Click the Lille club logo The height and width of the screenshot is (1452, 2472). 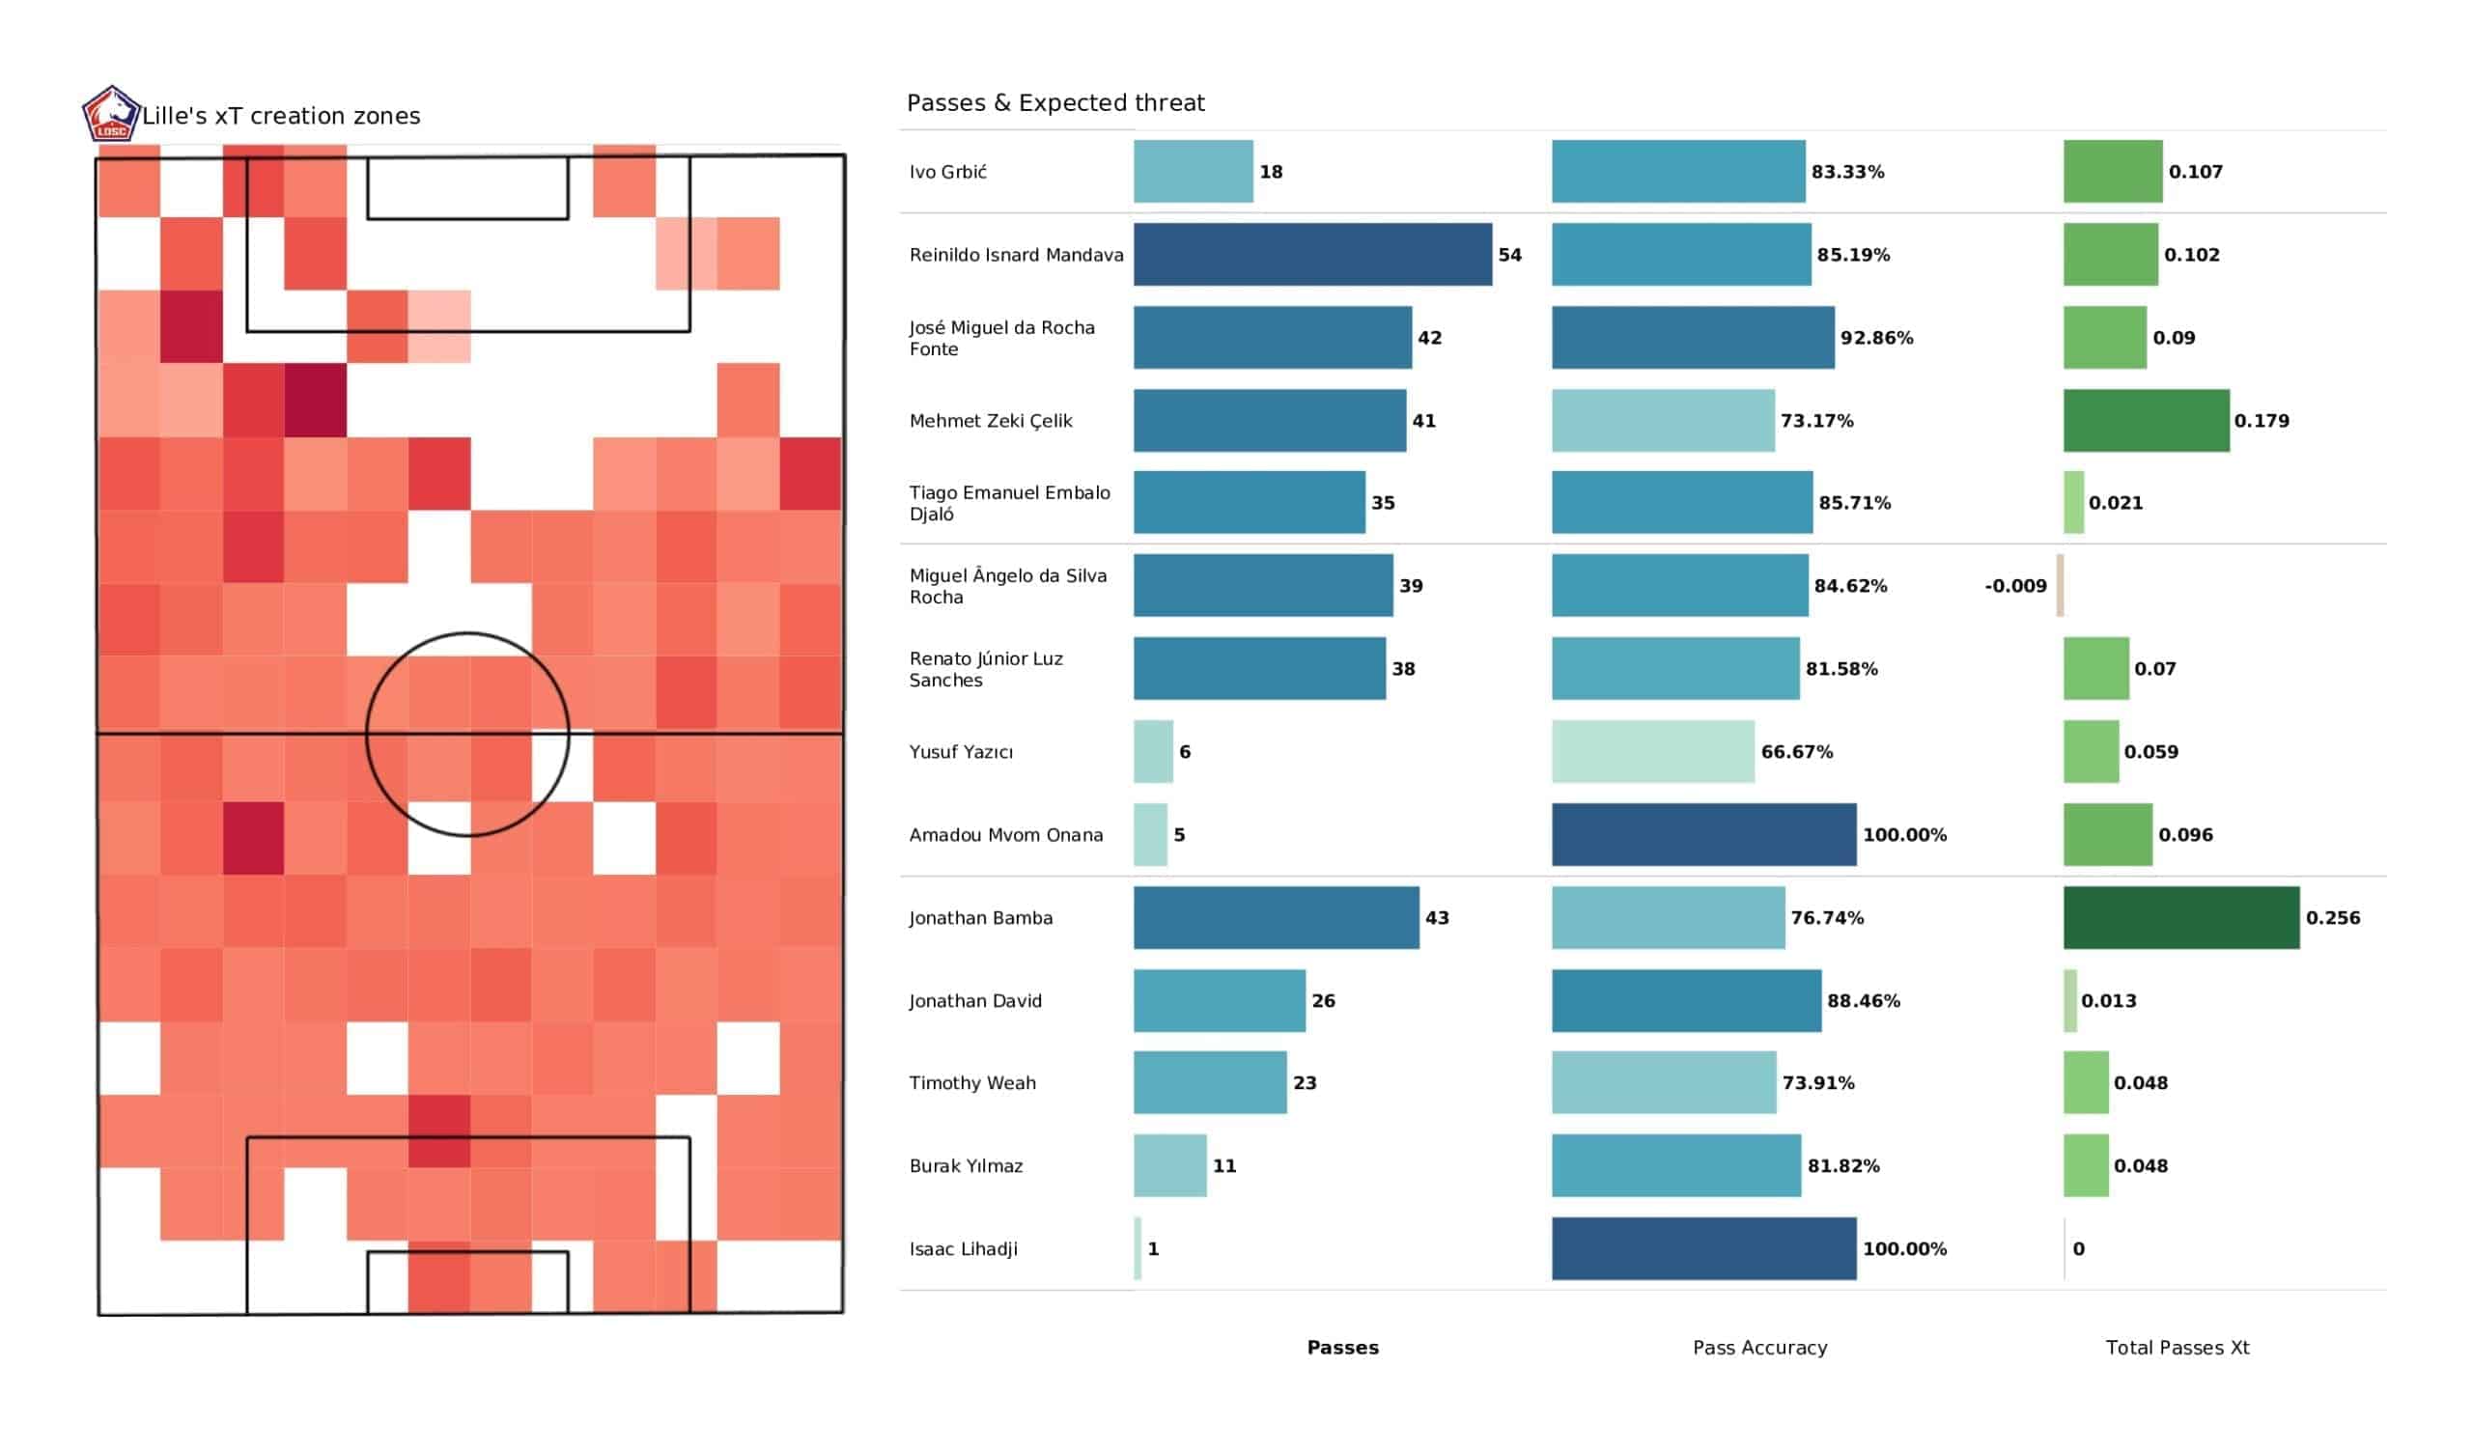(x=111, y=114)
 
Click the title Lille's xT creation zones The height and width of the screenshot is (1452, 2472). (x=282, y=116)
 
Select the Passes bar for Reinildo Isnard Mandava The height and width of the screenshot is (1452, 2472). (x=1312, y=255)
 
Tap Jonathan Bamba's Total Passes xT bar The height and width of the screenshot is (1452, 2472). (x=2180, y=918)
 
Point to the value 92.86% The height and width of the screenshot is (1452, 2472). (x=1876, y=339)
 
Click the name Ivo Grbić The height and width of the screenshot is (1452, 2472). (x=947, y=173)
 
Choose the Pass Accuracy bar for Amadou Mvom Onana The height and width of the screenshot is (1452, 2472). (x=1704, y=835)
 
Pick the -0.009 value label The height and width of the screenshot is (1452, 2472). (x=2016, y=587)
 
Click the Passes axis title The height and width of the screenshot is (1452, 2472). (x=1343, y=1348)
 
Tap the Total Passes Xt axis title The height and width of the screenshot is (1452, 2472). (x=2177, y=1348)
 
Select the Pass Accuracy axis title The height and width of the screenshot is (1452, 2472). (x=1759, y=1348)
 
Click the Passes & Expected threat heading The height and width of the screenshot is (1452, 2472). (x=1055, y=103)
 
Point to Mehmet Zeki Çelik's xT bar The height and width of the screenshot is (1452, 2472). (x=2147, y=421)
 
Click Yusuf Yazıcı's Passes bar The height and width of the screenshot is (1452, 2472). (x=1154, y=751)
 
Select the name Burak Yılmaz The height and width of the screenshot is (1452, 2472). (x=967, y=1166)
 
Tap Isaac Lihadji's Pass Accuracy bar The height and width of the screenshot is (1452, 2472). (x=1704, y=1249)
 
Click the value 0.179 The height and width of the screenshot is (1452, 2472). (x=2262, y=421)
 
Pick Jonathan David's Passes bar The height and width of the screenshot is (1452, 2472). (x=1220, y=1001)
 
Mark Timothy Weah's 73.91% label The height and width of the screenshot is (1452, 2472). (x=1818, y=1083)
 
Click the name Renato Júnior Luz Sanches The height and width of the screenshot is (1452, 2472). (x=986, y=669)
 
